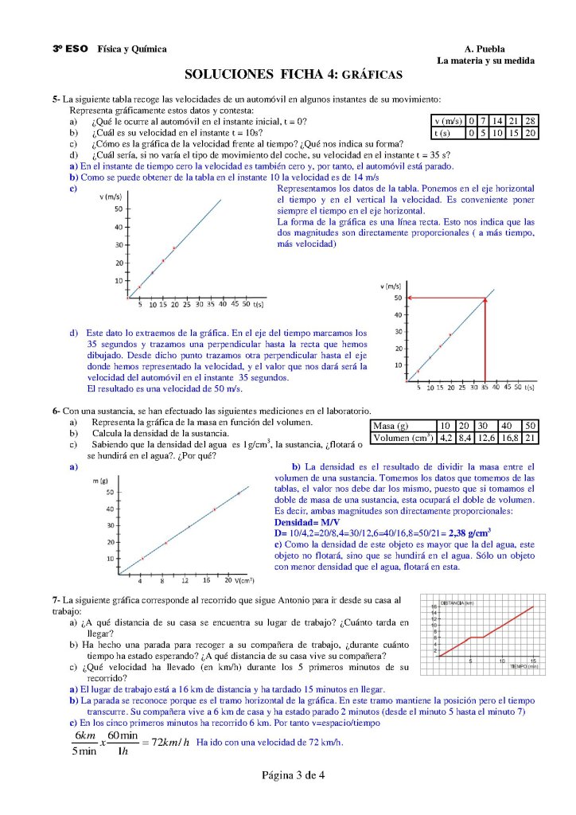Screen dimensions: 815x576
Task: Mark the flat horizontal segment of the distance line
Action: coord(477,637)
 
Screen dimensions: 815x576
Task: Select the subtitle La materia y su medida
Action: coord(485,60)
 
